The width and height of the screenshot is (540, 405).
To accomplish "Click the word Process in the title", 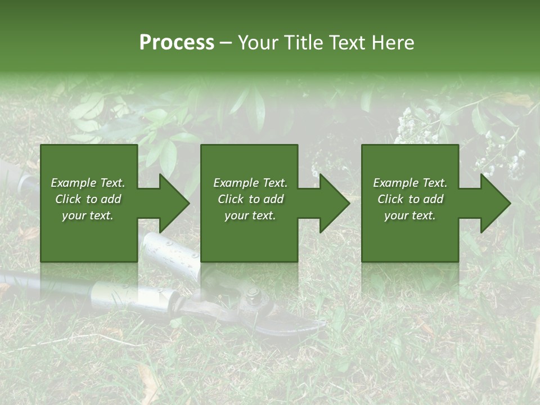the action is point(177,42).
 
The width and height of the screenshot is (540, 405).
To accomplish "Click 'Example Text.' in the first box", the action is point(88,183).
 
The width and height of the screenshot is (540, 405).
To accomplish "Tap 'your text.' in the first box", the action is point(88,215).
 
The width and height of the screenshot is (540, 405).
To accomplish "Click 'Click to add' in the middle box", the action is point(250,199).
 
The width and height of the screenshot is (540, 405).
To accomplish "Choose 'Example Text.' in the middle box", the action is point(250,183).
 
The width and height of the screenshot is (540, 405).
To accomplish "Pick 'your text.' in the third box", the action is point(410,215).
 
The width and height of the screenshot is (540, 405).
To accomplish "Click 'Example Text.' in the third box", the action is point(410,183).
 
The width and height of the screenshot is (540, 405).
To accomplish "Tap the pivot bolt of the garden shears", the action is point(253,293).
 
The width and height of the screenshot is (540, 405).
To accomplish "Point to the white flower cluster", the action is point(413,127).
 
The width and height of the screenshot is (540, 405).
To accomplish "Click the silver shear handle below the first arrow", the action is point(169,250).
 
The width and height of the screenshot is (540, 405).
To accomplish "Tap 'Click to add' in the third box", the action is point(410,199).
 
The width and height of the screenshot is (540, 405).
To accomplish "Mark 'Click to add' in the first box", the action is point(88,199).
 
